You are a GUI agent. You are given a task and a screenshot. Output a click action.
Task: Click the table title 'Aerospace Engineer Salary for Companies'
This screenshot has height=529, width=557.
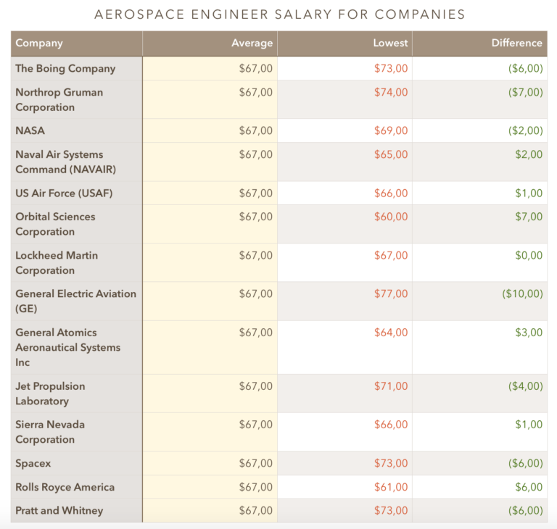pos(280,14)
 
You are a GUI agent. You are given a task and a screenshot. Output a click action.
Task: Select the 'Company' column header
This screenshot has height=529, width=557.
pos(39,43)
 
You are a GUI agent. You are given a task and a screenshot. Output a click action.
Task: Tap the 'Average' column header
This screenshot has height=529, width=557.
pos(252,43)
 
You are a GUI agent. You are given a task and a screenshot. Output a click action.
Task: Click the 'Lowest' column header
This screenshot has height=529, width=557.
pos(390,43)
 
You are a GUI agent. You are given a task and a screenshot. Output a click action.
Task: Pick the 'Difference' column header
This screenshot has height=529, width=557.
pos(516,43)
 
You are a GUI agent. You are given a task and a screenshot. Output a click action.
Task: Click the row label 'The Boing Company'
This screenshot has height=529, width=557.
pos(65,68)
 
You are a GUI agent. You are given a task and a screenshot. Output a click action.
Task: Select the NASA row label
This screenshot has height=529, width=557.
pos(30,130)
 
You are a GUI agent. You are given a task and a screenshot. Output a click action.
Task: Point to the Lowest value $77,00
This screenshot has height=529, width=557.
pos(391,293)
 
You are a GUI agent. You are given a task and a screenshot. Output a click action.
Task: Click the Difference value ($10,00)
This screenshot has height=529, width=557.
pos(522,293)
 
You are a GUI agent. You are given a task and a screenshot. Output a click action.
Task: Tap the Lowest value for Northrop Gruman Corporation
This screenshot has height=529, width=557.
pos(391,92)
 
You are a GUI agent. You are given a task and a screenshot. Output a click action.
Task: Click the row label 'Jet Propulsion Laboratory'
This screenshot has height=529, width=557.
pos(51,393)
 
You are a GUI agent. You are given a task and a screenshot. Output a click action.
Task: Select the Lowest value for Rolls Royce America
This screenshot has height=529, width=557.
pos(391,487)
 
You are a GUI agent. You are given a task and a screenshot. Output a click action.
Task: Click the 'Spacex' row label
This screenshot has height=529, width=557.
pos(33,463)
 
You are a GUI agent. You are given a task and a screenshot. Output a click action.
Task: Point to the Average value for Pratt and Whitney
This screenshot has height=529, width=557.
pos(256,510)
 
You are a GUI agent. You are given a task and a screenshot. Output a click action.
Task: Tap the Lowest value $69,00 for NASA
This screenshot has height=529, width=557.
pos(391,130)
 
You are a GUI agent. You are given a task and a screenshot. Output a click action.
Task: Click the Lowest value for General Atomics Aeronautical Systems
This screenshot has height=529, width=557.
pos(391,333)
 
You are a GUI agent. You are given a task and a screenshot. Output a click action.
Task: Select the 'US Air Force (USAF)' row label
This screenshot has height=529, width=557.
pos(64,193)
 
